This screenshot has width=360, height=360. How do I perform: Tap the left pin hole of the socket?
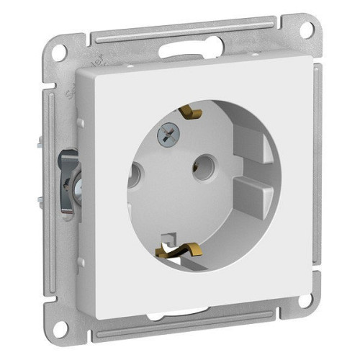point(135,174)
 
